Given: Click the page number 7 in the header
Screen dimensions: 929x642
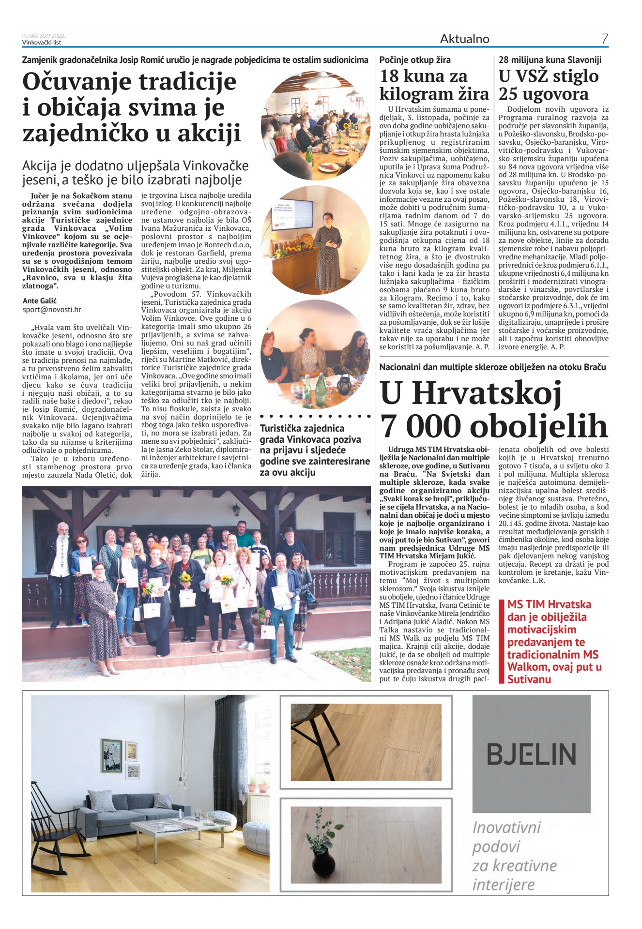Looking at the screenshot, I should tap(604, 39).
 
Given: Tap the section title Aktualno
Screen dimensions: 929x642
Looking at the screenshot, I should tap(464, 39).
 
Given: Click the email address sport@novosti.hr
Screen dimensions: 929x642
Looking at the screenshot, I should tap(52, 310).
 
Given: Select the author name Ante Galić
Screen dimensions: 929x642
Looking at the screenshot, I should tap(40, 300).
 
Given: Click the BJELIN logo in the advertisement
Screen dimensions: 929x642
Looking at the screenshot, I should tap(531, 754).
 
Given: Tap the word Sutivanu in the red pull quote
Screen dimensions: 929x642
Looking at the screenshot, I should tap(529, 679).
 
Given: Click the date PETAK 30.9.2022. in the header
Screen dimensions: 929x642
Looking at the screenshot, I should tap(44, 36).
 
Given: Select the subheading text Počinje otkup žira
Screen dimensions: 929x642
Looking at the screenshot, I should tap(415, 60).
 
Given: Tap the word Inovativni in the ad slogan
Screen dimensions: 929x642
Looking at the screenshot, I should tap(506, 828).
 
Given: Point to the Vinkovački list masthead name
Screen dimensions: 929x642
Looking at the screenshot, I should tap(42, 42).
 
